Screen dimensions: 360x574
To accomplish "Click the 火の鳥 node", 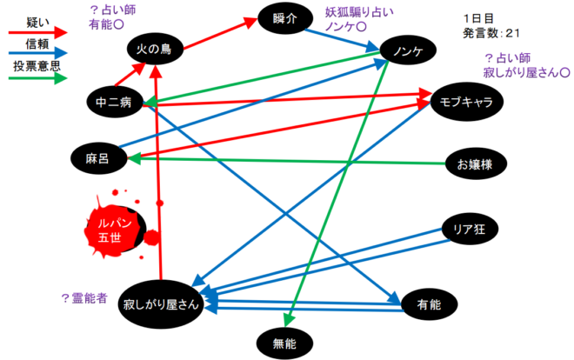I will click(x=154, y=50).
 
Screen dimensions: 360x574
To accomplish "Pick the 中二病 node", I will click(x=113, y=103).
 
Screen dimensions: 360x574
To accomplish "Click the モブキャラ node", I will click(x=468, y=103).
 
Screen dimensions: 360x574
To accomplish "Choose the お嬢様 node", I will click(x=474, y=163).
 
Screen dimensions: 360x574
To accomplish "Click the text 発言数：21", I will click(x=492, y=33).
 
